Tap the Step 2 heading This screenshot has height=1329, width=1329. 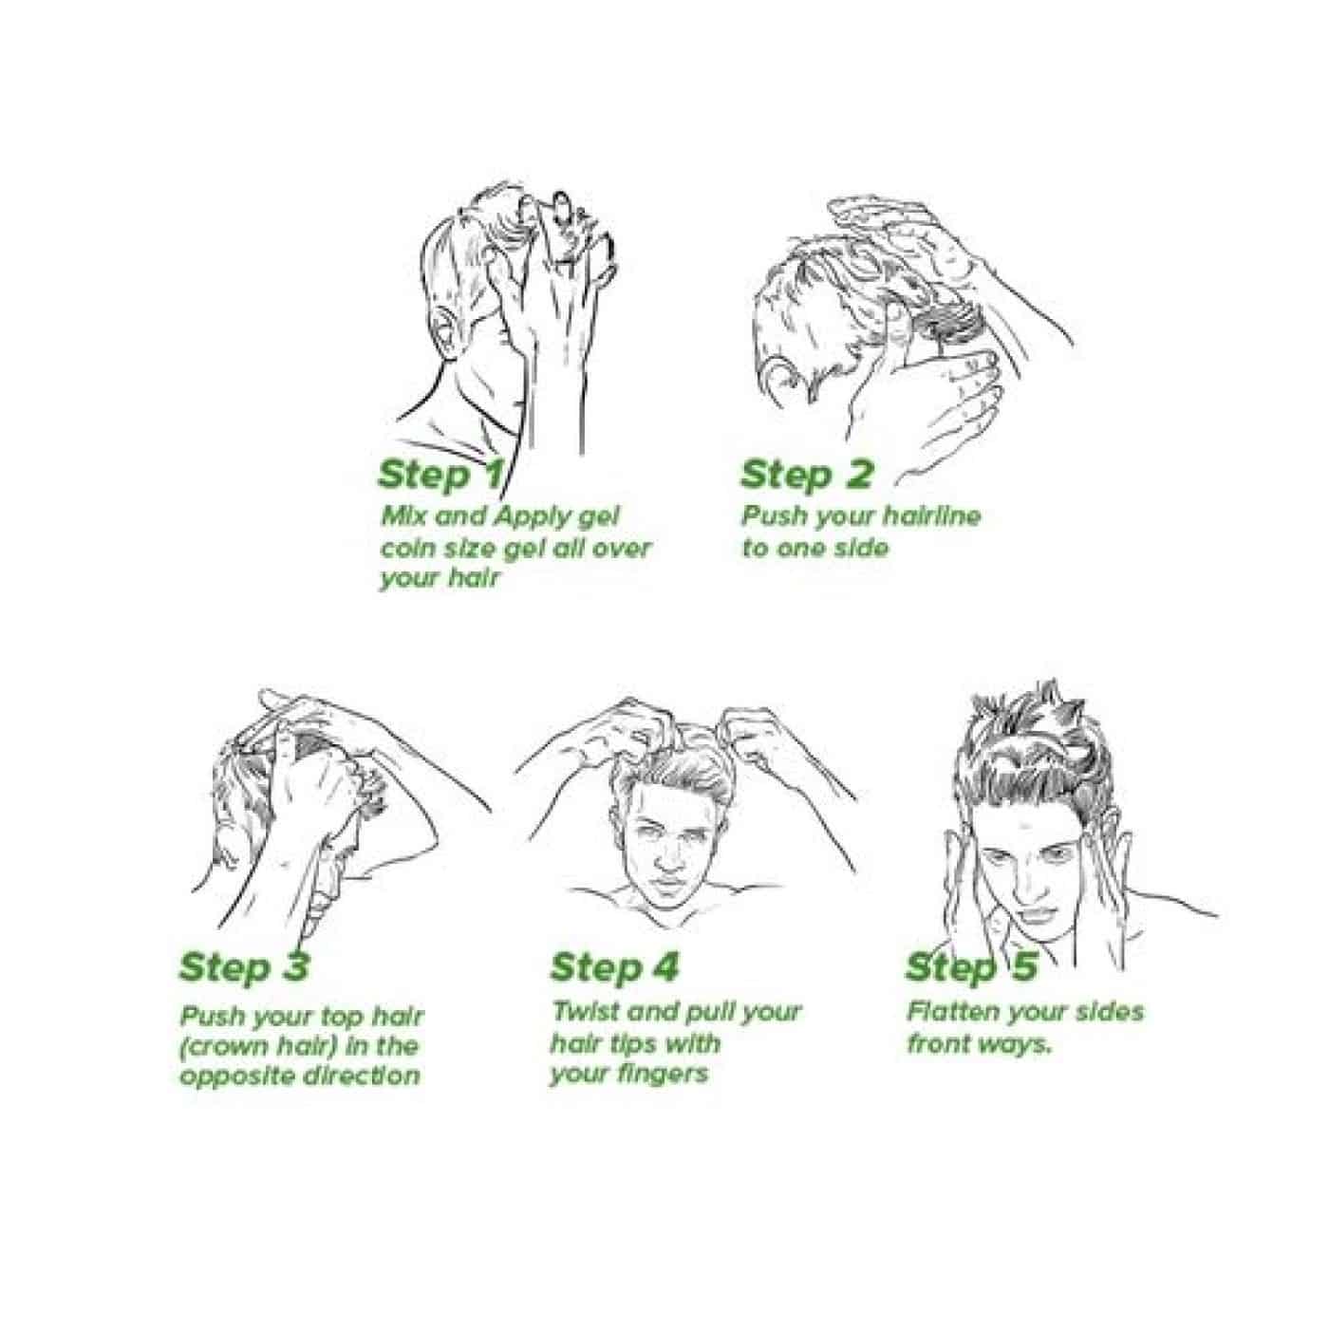807,475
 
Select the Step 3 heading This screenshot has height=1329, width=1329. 244,967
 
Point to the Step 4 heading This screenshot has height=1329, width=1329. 614,967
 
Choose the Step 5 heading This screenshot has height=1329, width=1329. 971,967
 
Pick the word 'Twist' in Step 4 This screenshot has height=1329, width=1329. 583,1012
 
